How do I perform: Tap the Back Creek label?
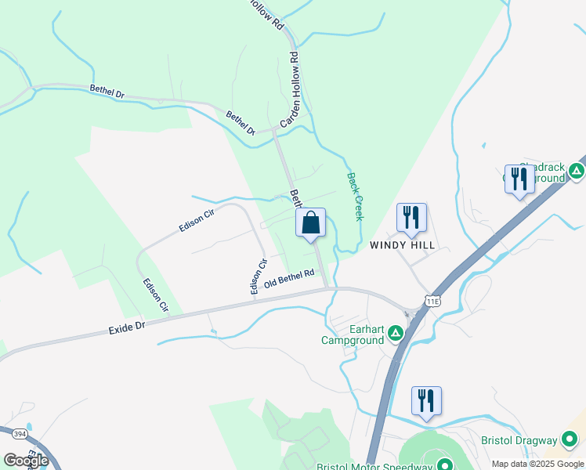coord(356,197)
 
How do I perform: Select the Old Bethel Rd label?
coord(289,279)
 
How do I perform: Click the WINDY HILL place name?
coord(402,245)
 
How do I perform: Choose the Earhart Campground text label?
coord(353,334)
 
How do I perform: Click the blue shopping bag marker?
coord(310,222)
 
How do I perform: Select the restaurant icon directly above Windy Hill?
coord(411,217)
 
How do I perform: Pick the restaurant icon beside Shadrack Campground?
coord(519,180)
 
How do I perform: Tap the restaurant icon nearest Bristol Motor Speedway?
coord(425,401)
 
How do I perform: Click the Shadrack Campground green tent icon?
coord(577,171)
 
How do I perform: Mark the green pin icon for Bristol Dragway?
coord(571,440)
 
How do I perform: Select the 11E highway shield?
coord(432,300)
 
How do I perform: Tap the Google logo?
coord(26,461)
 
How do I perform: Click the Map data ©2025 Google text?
coord(537,464)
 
